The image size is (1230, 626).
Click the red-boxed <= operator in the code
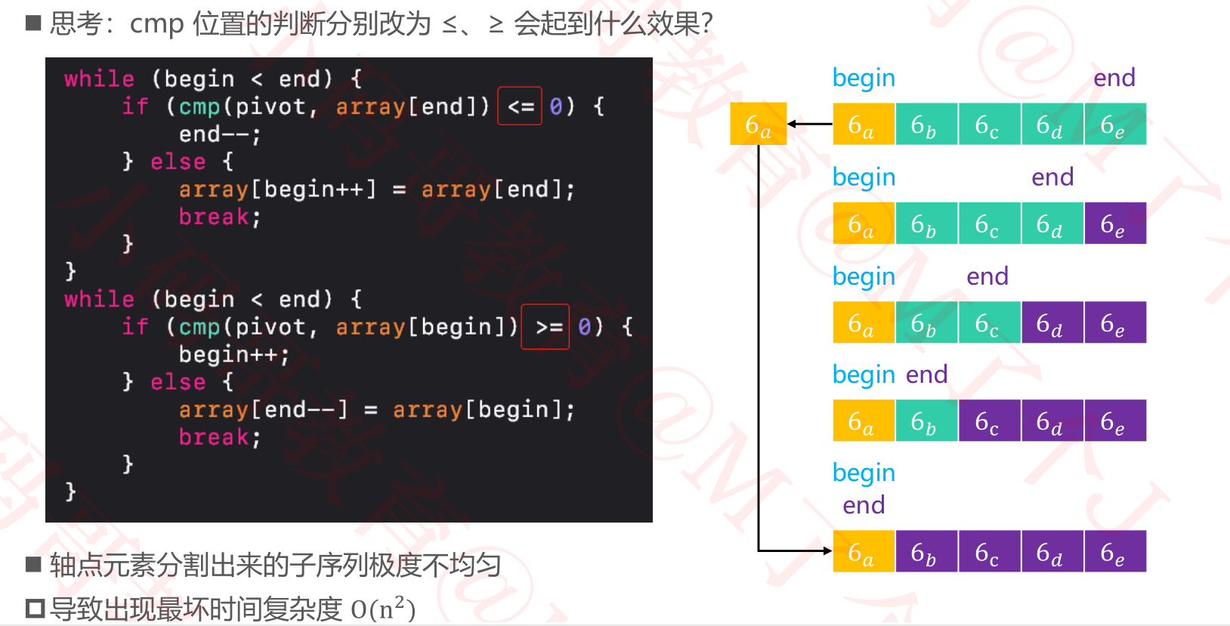coord(520,106)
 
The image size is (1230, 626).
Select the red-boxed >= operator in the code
coord(545,327)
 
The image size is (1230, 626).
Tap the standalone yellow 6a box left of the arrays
coord(758,124)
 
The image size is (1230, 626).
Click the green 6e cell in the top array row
coord(1114,124)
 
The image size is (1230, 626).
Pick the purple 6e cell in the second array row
coord(1114,224)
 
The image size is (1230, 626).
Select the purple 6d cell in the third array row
coord(1052,322)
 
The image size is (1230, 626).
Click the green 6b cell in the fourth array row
coord(926,421)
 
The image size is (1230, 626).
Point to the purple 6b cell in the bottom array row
coord(926,551)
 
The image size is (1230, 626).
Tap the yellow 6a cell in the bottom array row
coord(864,551)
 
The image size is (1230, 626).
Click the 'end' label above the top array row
coord(1114,78)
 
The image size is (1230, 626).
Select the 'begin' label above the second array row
coord(864,177)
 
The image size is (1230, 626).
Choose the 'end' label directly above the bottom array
coord(864,504)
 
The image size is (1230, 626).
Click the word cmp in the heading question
coord(156,24)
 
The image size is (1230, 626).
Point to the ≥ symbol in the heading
coord(496,25)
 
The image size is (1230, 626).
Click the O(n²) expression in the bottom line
coord(383,609)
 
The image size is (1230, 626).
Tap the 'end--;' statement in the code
coord(219,134)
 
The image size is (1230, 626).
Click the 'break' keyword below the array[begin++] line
coord(214,217)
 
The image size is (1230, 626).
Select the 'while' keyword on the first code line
coord(99,79)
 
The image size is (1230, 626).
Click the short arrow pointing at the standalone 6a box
coord(809,124)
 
